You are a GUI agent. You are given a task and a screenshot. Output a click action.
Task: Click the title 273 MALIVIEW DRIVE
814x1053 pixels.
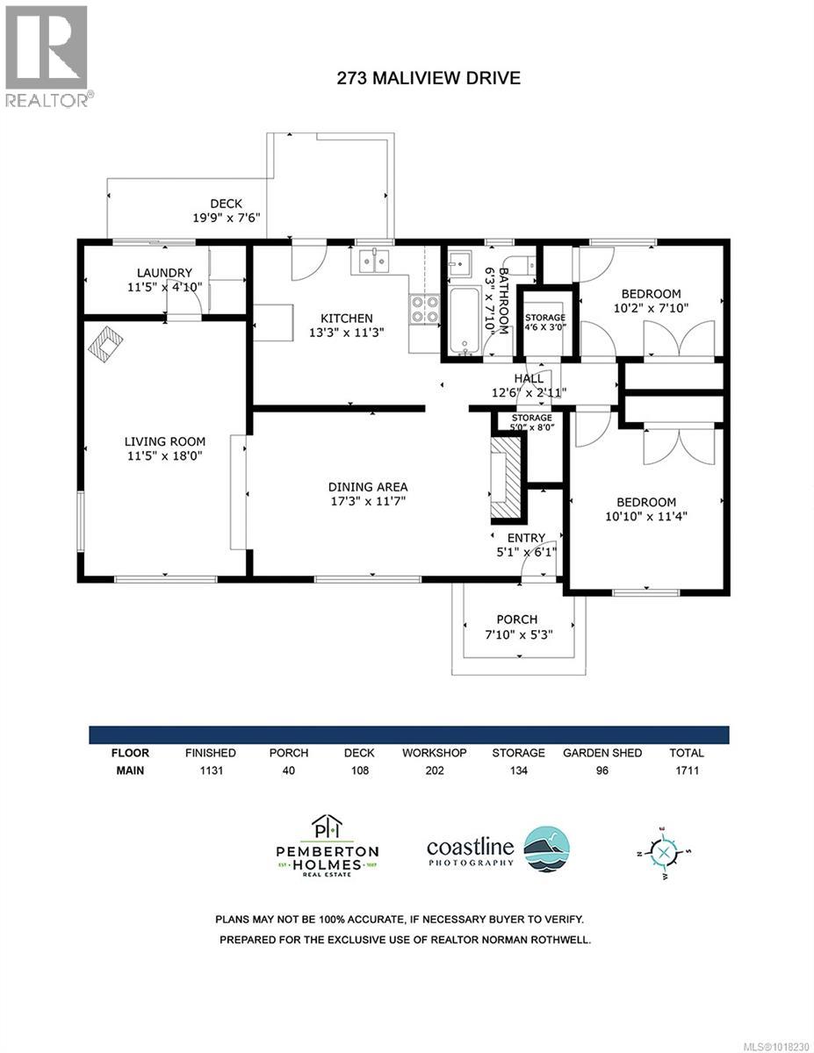429,78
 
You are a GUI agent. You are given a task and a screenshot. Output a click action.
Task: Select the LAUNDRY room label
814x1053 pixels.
164,273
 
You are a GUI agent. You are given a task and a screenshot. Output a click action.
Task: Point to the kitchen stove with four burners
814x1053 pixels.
425,310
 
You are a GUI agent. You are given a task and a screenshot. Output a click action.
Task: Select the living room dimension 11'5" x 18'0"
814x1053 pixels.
165,455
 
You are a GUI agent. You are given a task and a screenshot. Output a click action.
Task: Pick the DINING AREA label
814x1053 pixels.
368,486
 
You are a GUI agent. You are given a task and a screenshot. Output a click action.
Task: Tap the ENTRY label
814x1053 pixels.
526,538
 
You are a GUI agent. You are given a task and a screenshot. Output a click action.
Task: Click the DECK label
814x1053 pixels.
226,204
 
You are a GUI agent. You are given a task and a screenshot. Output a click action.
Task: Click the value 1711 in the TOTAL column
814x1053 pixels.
686,771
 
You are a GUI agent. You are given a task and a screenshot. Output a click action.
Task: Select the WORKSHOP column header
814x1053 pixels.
434,753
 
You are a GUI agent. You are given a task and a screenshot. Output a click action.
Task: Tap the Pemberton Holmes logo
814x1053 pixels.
328,844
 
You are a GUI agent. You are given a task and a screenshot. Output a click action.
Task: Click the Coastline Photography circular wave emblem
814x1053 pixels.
546,848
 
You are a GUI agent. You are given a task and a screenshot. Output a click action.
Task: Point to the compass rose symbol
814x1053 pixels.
665,851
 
